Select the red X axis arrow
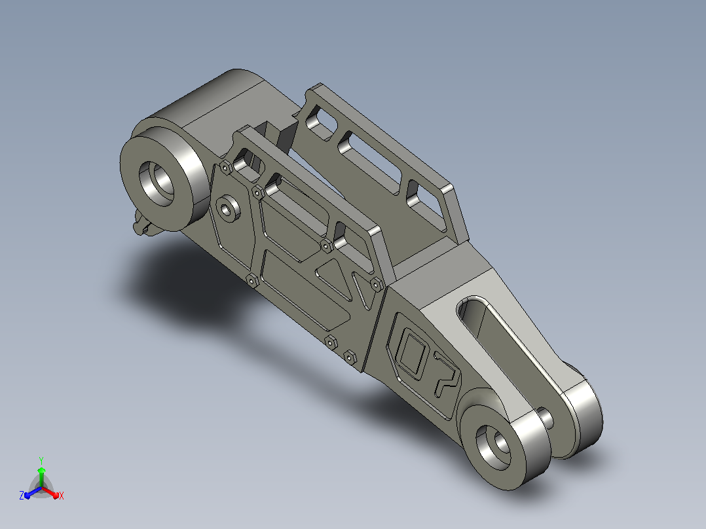[x=50, y=492]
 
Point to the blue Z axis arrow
[x=33, y=492]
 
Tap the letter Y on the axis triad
[x=41, y=460]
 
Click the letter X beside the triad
[x=62, y=496]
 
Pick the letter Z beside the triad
[x=22, y=495]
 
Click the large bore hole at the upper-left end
[x=157, y=184]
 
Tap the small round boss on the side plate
[x=228, y=208]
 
